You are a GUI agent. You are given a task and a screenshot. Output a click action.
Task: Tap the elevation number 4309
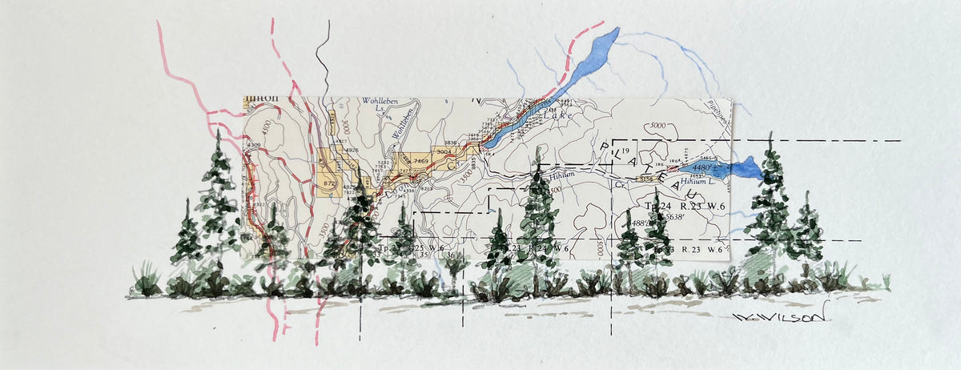(255, 145)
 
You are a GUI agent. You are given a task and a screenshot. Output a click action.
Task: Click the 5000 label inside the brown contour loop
(658, 126)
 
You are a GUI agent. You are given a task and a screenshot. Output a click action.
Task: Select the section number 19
(626, 151)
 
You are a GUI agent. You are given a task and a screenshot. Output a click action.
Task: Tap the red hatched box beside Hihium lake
(673, 169)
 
